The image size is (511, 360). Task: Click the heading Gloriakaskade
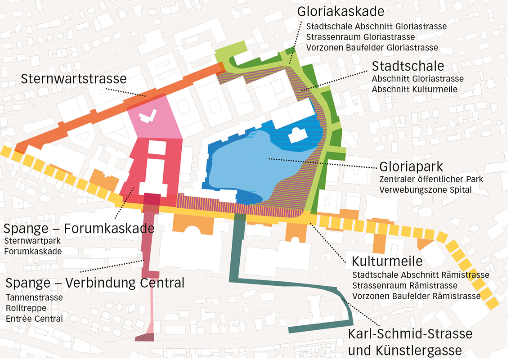(341, 11)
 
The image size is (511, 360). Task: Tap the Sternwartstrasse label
(74, 80)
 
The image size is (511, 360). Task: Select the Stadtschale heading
(408, 66)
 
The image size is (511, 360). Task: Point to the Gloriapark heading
(411, 166)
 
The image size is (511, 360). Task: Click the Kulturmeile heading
(387, 261)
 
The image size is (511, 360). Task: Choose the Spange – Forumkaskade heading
(79, 228)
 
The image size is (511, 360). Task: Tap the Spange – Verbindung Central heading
(95, 283)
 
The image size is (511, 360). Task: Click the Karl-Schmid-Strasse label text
(410, 334)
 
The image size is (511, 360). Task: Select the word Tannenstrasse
(34, 297)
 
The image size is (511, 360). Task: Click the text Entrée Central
(34, 319)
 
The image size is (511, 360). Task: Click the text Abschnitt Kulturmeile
(414, 90)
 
